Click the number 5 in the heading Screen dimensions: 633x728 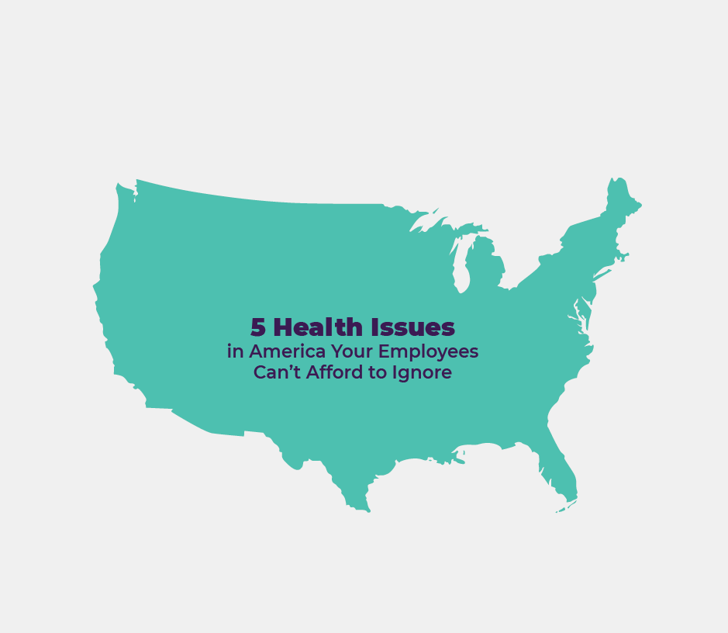click(257, 327)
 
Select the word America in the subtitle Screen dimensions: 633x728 click(282, 351)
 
